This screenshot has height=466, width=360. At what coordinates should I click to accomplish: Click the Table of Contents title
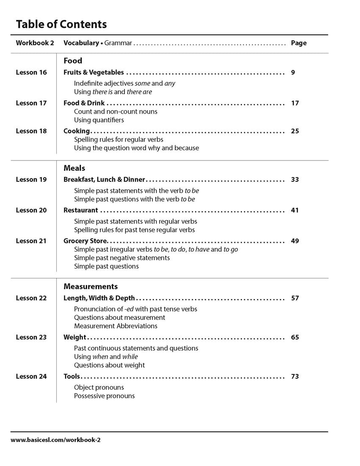pyautogui.click(x=61, y=24)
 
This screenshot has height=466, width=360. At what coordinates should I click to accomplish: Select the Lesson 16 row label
pyautogui.click(x=31, y=72)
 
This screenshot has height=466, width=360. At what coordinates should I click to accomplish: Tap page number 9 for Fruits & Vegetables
pyautogui.click(x=293, y=72)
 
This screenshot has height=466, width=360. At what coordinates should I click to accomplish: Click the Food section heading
pyautogui.click(x=73, y=61)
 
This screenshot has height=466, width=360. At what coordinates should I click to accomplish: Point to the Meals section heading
pyautogui.click(x=75, y=168)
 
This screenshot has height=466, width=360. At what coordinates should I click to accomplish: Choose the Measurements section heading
pyautogui.click(x=91, y=287)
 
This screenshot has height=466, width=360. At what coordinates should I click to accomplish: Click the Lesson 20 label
pyautogui.click(x=31, y=210)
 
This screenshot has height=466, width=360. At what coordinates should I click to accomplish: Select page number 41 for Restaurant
pyautogui.click(x=295, y=210)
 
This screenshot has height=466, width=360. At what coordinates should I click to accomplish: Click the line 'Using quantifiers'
pyautogui.click(x=99, y=120)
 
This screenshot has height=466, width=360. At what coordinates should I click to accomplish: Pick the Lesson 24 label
pyautogui.click(x=31, y=376)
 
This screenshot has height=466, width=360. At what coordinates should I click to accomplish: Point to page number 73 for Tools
pyautogui.click(x=295, y=376)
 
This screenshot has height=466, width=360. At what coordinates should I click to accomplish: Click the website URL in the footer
pyautogui.click(x=55, y=440)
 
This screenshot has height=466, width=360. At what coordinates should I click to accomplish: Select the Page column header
pyautogui.click(x=299, y=43)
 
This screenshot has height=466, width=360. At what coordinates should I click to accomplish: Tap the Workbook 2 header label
pyautogui.click(x=35, y=43)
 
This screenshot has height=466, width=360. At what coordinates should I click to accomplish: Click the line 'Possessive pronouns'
pyautogui.click(x=104, y=396)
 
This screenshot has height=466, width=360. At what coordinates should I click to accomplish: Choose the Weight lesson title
pyautogui.click(x=75, y=337)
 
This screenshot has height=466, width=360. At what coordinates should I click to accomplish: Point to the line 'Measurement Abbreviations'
pyautogui.click(x=116, y=326)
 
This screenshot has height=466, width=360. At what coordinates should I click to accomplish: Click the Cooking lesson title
pyautogui.click(x=77, y=131)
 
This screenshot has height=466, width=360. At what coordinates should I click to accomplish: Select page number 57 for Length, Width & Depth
pyautogui.click(x=295, y=298)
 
